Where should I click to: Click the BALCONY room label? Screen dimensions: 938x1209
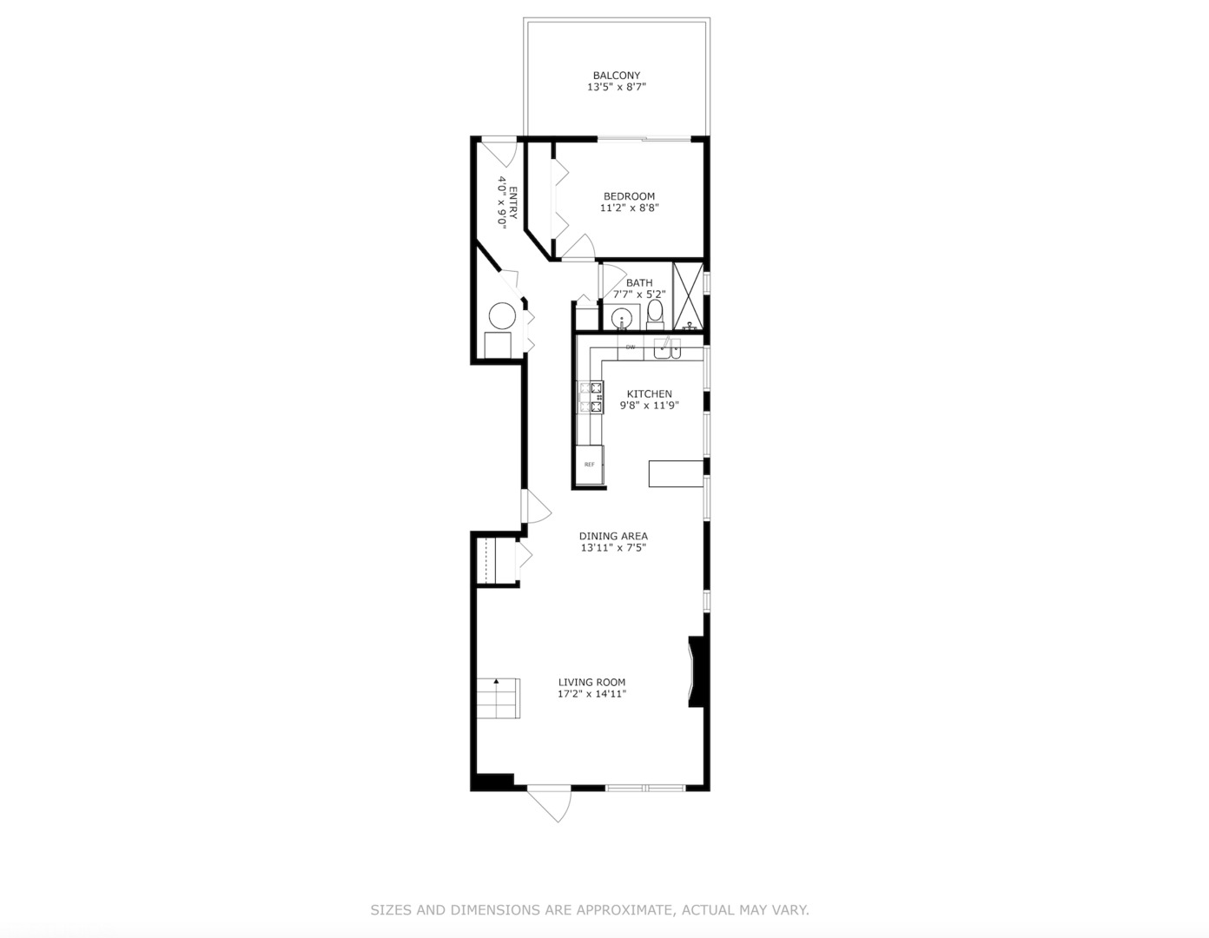(616, 76)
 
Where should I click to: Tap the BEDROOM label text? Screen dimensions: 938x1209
(629, 196)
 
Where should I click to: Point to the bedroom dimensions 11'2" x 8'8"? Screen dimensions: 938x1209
(629, 208)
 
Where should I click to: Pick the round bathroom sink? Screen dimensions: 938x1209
(622, 319)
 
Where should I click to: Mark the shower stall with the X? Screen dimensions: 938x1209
(688, 296)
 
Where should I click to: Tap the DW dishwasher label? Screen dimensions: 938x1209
(631, 347)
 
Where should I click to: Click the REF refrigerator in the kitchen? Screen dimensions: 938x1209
(589, 464)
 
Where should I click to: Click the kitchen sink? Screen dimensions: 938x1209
(667, 349)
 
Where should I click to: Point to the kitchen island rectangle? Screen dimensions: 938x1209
(676, 473)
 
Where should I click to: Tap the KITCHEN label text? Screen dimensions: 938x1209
(649, 393)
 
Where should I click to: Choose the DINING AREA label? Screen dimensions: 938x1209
(613, 536)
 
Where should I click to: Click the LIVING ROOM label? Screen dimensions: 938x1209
(591, 682)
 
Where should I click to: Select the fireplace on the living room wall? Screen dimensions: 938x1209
(695, 671)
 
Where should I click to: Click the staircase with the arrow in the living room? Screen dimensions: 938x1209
(497, 698)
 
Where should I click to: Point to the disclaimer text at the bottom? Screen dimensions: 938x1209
(590, 910)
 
